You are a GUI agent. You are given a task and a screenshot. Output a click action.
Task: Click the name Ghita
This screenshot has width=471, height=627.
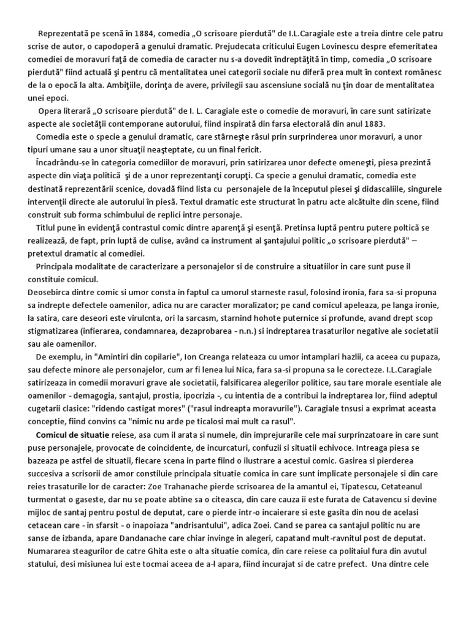tap(140, 553)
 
